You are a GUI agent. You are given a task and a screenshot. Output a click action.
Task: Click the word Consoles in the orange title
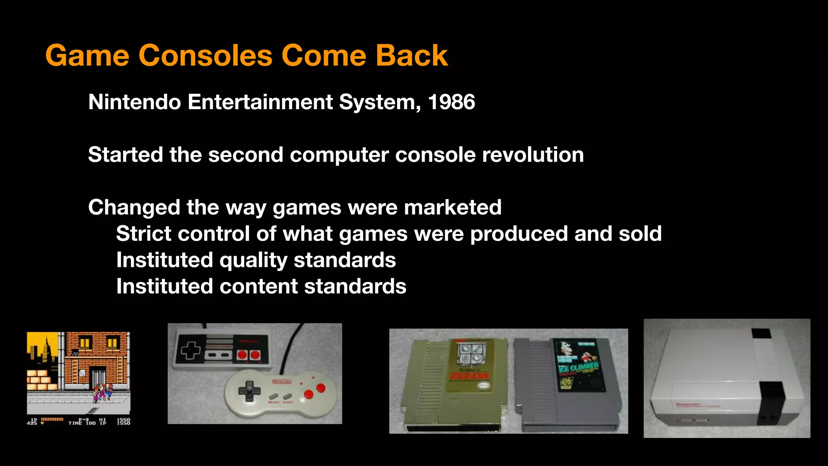click(x=205, y=55)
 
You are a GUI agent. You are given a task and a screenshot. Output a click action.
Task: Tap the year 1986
click(x=451, y=102)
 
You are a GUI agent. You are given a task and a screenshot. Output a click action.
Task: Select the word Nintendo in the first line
click(x=134, y=102)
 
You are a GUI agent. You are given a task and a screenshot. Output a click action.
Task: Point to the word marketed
click(x=452, y=208)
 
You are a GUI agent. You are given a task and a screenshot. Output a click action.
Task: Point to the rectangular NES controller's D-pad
click(x=190, y=350)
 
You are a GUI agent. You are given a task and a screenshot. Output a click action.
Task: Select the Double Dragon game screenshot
click(x=78, y=378)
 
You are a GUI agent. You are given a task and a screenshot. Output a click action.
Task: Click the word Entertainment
click(x=260, y=102)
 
